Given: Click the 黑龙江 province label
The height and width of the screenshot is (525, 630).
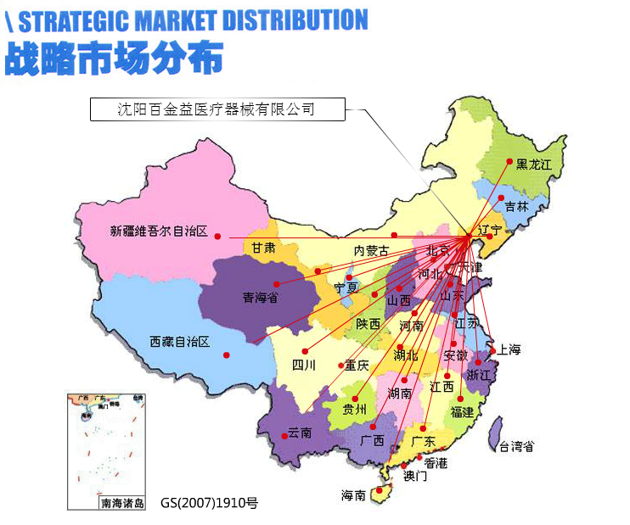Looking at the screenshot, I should point(534,165).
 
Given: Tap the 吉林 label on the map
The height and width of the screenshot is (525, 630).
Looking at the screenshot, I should point(516,206).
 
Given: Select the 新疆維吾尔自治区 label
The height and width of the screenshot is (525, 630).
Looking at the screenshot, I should point(159,231).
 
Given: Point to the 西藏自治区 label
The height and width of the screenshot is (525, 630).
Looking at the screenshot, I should point(179,342).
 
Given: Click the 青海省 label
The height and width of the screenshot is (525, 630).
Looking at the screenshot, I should point(260,298).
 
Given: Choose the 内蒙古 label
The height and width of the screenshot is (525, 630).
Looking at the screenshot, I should point(371,251).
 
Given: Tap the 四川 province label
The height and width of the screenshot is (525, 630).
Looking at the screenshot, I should point(303,366).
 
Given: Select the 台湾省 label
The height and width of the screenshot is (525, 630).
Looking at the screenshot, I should point(516,446).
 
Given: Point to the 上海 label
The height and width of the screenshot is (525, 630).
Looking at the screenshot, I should point(509,349).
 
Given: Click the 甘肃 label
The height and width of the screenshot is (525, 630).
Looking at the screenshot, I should point(263,249).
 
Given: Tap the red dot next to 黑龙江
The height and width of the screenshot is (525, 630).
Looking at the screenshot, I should point(509,161).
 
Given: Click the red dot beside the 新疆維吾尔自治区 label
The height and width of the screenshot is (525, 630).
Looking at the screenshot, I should point(217,236).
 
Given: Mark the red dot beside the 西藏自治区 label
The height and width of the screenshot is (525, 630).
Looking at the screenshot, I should point(226,355).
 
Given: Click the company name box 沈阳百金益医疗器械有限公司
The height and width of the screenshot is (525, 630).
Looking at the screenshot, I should point(217,109).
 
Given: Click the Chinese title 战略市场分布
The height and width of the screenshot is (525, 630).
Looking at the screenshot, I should point(114,57).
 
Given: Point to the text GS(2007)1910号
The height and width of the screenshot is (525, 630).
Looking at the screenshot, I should point(208,503).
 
